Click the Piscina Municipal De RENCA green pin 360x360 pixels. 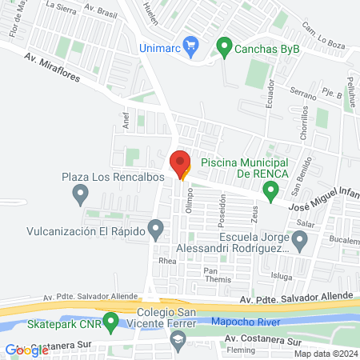(271, 190)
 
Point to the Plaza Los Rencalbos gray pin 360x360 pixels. (80, 193)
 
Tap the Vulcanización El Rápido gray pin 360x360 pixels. (156, 232)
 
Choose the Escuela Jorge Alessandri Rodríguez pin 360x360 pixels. (300, 238)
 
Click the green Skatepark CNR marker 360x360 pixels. (111, 322)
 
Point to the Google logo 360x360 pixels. (27, 350)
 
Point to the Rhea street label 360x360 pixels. (167, 261)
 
